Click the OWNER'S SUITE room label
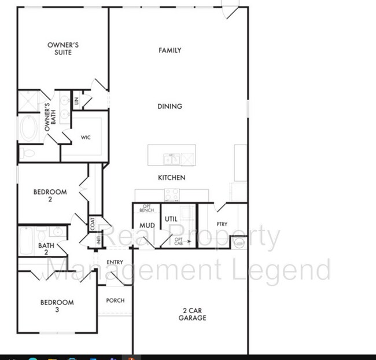(x=62, y=48)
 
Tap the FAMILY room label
(x=170, y=50)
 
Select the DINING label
(x=170, y=106)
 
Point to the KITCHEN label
(x=172, y=178)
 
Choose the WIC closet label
(x=86, y=138)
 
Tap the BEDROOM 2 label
(x=50, y=196)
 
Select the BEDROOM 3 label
(x=57, y=306)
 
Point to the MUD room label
(x=146, y=226)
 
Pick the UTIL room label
(x=171, y=219)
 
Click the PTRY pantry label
(x=222, y=224)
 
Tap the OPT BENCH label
(x=147, y=208)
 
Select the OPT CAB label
(x=179, y=242)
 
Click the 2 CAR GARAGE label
(x=192, y=314)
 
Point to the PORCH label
(x=115, y=300)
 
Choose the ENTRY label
(x=115, y=262)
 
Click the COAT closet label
(x=93, y=222)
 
